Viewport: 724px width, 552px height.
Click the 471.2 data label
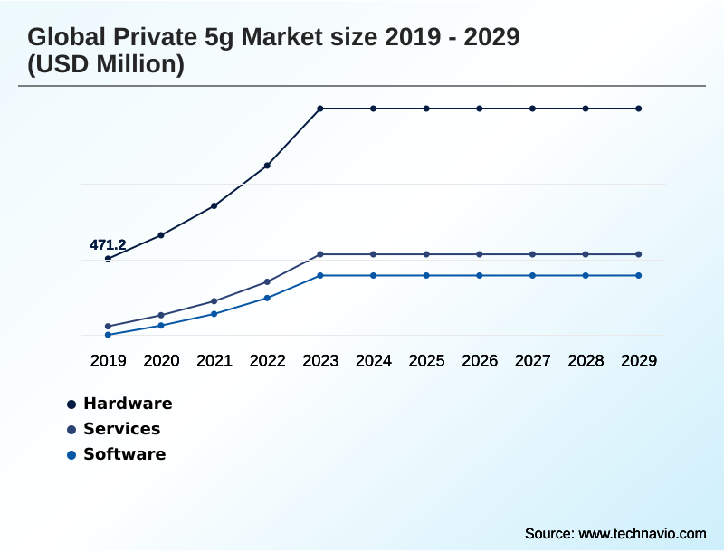coord(108,244)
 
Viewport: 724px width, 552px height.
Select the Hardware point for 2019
coord(108,259)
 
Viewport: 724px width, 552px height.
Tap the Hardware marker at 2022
coord(267,166)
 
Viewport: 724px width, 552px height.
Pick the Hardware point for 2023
coord(320,109)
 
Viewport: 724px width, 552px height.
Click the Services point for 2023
coord(320,254)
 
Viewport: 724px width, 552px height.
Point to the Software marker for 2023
coord(320,275)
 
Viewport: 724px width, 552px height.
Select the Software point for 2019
coord(108,335)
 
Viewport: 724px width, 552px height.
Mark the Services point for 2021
coord(214,300)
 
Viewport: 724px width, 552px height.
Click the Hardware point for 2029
coord(639,109)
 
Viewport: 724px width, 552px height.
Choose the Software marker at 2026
coord(480,275)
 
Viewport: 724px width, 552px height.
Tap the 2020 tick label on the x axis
coord(161,361)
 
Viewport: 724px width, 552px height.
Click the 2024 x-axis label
coord(374,361)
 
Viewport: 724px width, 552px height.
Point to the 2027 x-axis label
coord(533,361)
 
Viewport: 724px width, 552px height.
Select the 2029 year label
coord(639,361)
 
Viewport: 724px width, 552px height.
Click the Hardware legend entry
coord(127,404)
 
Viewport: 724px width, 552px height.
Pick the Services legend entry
coord(121,429)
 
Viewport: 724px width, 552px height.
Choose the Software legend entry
coord(124,454)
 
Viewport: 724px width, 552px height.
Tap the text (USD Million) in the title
coord(106,65)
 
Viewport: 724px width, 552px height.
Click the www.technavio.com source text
coord(643,533)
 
